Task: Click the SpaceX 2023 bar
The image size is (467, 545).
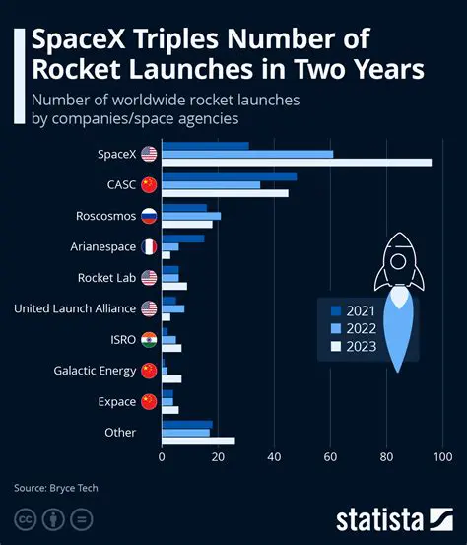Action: click(296, 162)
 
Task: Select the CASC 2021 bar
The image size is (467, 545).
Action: click(229, 176)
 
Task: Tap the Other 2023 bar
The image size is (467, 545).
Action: click(198, 441)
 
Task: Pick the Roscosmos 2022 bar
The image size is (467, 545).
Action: click(191, 216)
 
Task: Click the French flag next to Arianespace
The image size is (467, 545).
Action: click(149, 246)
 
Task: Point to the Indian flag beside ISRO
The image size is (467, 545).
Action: click(149, 340)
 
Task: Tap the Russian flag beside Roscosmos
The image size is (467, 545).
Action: click(149, 216)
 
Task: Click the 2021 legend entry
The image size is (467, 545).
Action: click(349, 309)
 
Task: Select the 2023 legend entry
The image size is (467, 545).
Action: click(349, 345)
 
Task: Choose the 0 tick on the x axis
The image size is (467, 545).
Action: click(162, 457)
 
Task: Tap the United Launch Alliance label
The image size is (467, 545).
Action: click(74, 308)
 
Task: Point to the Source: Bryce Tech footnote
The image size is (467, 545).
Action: click(56, 487)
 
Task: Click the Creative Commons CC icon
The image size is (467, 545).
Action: click(25, 519)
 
